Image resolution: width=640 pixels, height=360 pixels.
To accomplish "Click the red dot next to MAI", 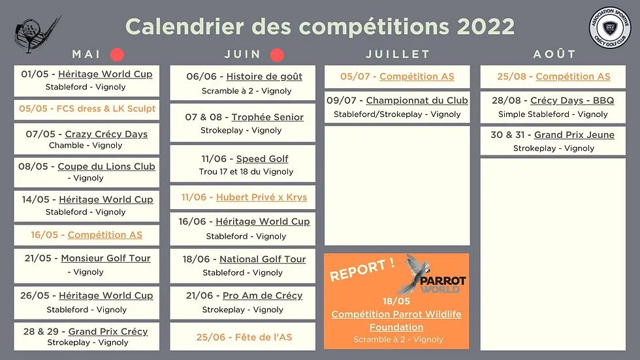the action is (117, 54).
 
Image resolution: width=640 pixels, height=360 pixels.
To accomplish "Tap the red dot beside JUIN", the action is (277, 55).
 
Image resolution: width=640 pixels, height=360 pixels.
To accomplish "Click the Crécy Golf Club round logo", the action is (610, 27).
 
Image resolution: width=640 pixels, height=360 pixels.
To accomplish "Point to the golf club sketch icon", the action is (36, 34).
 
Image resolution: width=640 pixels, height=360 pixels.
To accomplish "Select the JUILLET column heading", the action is (398, 54).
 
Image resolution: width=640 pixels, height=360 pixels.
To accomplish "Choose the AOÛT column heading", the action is (554, 54).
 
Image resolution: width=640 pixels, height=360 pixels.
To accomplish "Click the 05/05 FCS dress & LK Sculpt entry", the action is (87, 108).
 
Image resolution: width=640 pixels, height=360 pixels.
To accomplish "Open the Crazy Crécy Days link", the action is (106, 134).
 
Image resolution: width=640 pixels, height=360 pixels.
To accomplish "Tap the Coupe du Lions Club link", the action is (106, 167).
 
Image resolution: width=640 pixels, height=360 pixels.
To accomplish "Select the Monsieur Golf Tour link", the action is (106, 258).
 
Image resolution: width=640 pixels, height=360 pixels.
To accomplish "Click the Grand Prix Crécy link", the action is (108, 331).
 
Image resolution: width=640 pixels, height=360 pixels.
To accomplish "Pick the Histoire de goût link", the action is (264, 76).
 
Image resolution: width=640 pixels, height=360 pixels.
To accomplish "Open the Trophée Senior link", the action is (268, 117).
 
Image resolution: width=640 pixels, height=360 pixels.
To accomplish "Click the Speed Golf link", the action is (262, 159).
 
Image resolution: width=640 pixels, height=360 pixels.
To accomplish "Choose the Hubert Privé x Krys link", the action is (262, 197).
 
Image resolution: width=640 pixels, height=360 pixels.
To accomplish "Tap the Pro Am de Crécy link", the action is (263, 295).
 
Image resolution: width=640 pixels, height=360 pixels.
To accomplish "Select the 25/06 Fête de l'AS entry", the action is (244, 337).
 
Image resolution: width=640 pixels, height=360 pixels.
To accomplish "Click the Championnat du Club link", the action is (417, 101).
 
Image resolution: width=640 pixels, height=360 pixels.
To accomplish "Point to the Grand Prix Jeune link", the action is (574, 135).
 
